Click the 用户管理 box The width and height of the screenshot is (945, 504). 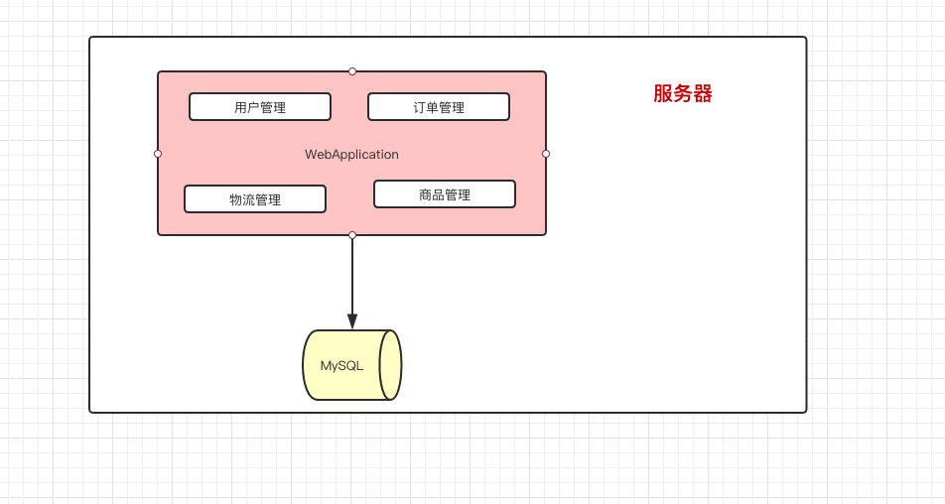pyautogui.click(x=259, y=107)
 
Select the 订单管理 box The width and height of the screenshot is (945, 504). pyautogui.click(x=438, y=107)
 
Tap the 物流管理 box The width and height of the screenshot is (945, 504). pyautogui.click(x=254, y=199)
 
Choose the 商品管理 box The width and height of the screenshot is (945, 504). pyautogui.click(x=444, y=194)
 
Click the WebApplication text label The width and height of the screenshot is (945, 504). pyautogui.click(x=351, y=155)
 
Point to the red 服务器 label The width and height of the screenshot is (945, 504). pyautogui.click(x=682, y=94)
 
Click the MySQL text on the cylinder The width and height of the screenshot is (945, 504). pyautogui.click(x=341, y=365)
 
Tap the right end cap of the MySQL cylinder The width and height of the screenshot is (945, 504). pyautogui.click(x=390, y=365)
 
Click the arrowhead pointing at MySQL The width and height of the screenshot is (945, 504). pyautogui.click(x=351, y=320)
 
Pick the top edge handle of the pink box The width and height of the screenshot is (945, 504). pyautogui.click(x=351, y=71)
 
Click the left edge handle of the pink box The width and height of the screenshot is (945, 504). pyautogui.click(x=158, y=154)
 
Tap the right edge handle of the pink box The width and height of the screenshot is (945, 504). pyautogui.click(x=546, y=154)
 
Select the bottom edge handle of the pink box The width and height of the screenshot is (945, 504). pyautogui.click(x=351, y=235)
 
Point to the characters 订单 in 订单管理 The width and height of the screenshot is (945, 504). pyautogui.click(x=425, y=107)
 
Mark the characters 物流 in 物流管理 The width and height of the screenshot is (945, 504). pyautogui.click(x=241, y=199)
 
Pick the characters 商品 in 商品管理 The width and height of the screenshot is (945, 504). pyautogui.click(x=431, y=194)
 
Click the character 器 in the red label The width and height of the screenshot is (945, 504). pyautogui.click(x=703, y=94)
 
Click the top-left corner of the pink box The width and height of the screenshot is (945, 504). pyautogui.click(x=159, y=72)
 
